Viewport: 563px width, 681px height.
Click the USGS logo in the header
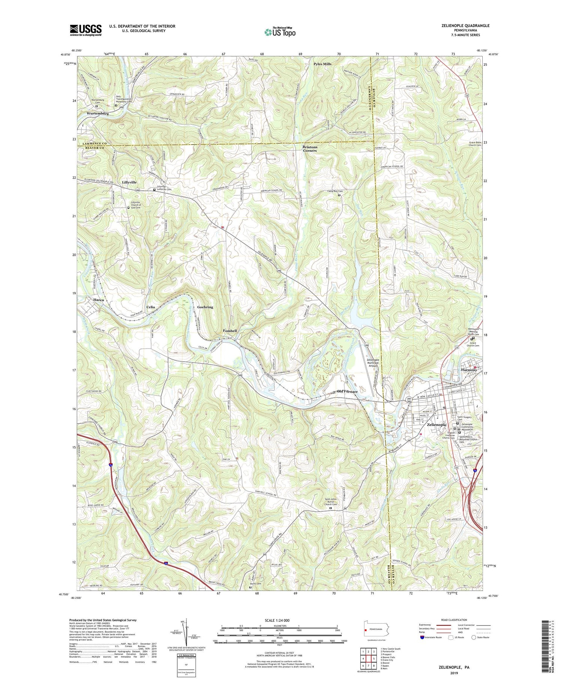86,30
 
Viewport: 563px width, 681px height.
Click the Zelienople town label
437,424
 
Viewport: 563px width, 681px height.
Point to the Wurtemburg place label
98,113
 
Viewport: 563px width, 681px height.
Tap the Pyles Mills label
322,64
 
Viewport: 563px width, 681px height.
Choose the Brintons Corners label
310,149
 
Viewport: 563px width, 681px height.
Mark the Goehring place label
205,307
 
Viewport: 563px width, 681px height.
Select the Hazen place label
99,300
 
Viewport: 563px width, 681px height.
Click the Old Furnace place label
347,391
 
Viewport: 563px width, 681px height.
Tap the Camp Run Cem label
335,191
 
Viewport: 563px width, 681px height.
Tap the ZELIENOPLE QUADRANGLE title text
461,26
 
